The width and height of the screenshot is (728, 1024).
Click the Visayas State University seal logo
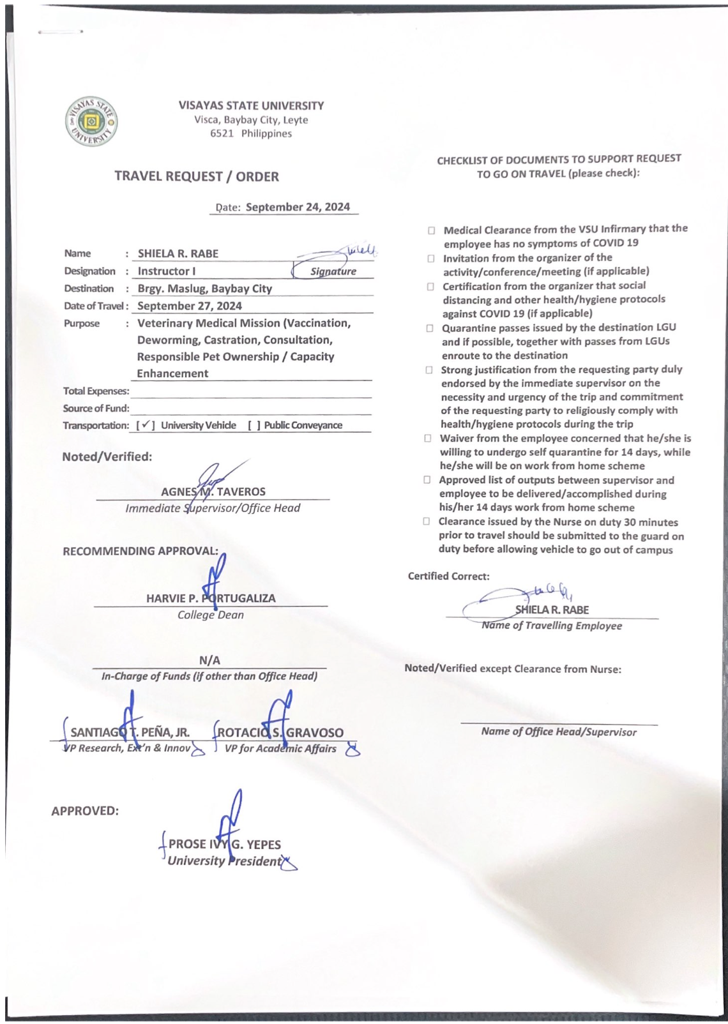(91, 121)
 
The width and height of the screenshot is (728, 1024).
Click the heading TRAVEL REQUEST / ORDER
(197, 176)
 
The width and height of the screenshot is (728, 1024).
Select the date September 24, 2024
(298, 207)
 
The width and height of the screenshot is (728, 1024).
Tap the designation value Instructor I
(167, 271)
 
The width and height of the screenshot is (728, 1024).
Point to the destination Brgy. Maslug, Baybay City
(204, 289)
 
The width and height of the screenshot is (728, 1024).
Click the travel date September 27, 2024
(190, 306)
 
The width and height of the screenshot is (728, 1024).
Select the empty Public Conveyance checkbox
(254, 425)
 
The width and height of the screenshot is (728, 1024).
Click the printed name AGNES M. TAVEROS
(213, 492)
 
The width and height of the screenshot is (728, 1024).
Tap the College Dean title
(210, 615)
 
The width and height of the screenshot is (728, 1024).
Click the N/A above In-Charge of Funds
(209, 660)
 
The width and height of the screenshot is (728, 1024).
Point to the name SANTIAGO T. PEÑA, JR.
(130, 733)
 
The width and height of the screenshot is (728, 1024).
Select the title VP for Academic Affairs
(280, 748)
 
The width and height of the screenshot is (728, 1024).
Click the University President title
(224, 861)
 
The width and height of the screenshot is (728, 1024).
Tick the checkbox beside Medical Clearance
(432, 230)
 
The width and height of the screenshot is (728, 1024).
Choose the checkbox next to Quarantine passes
(430, 329)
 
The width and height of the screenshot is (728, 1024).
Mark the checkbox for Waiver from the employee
(428, 439)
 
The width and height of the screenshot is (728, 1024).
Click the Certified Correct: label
(448, 576)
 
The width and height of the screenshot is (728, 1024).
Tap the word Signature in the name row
(333, 271)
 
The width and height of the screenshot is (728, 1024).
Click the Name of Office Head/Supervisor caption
(558, 732)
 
